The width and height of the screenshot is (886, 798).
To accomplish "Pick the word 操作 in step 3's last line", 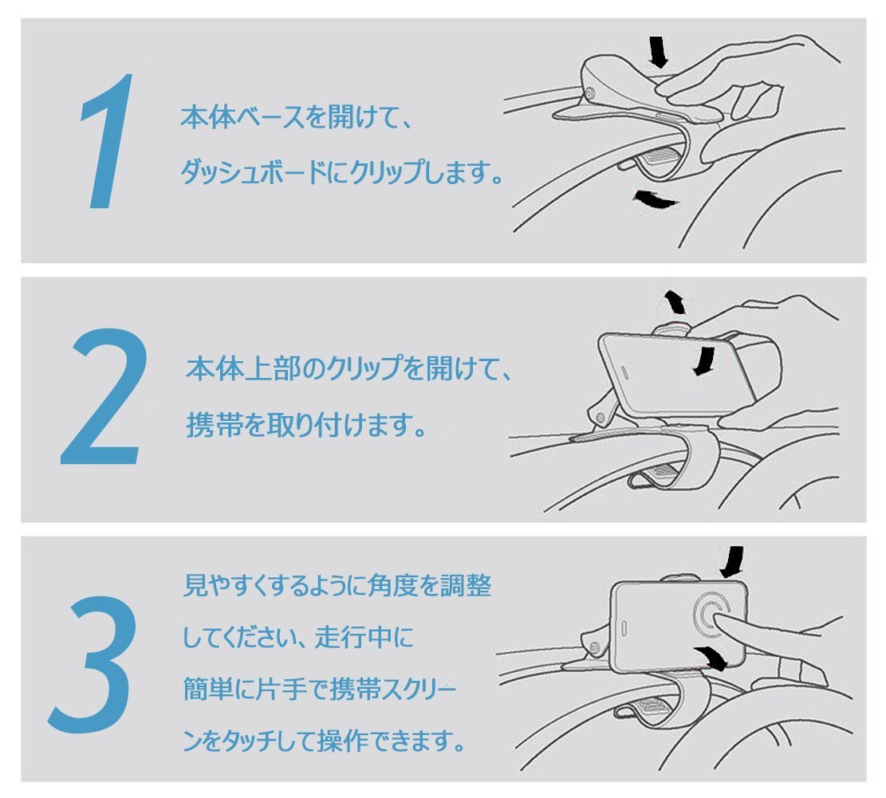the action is point(345,741).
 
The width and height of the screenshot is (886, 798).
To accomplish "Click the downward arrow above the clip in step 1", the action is point(658,52).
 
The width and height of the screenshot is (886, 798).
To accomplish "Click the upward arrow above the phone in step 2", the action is point(675,301).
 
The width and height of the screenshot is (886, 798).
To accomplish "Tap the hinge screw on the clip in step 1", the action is point(590,93).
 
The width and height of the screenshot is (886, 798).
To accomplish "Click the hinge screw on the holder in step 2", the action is point(600,419).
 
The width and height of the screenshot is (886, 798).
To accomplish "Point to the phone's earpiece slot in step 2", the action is point(625,371).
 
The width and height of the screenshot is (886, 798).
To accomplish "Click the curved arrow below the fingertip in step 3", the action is point(712,658).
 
